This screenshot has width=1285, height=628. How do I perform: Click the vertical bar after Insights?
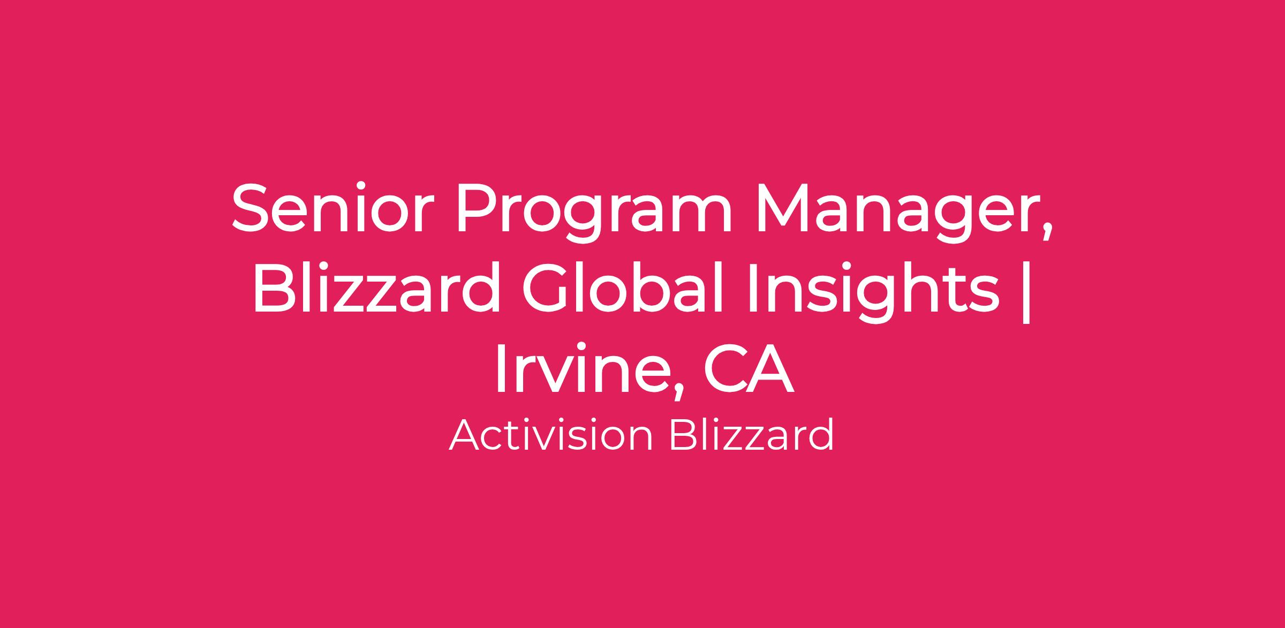coord(1026,292)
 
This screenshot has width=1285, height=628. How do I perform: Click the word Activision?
coord(551,435)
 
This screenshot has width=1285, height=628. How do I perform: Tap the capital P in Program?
coord(476,209)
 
